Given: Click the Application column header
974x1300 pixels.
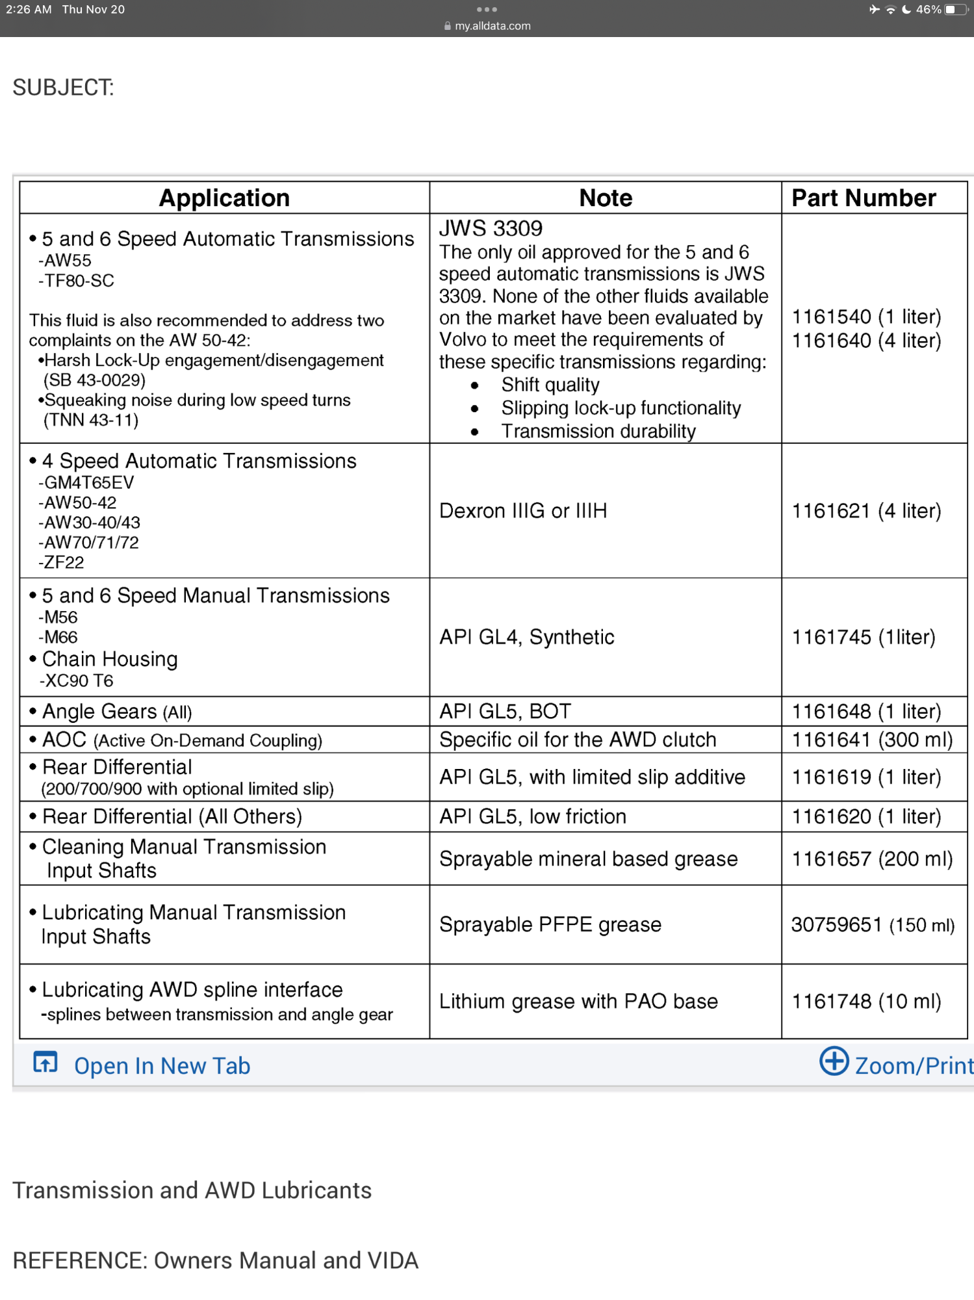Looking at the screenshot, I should [x=224, y=198].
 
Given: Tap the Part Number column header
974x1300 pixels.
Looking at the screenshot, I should [x=863, y=198].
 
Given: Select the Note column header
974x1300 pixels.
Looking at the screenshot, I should [x=605, y=198].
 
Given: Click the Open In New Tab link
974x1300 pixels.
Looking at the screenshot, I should [x=162, y=1066].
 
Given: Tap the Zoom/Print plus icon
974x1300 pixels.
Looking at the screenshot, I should [x=834, y=1061].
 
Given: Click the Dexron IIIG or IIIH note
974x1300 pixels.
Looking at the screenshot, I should [x=523, y=511].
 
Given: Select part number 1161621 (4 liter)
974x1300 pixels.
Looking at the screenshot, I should [x=865, y=511].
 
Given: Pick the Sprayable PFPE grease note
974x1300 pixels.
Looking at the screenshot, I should [x=550, y=925].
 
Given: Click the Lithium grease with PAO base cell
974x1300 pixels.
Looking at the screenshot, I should [x=578, y=1002].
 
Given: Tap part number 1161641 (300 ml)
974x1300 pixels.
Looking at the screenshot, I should [x=872, y=740].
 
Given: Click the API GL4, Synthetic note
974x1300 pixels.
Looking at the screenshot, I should [x=526, y=638].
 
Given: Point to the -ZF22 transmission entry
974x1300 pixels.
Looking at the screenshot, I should [x=62, y=562].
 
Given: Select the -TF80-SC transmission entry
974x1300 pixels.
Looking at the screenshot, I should [x=77, y=281].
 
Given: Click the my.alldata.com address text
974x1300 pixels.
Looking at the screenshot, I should [x=492, y=26].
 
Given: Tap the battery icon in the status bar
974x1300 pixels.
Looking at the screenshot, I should [x=956, y=10].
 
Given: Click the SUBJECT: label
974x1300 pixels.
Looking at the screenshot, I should [x=63, y=88].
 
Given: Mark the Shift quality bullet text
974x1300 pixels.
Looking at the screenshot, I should [x=550, y=385].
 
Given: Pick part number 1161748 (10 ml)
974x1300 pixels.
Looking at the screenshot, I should [x=865, y=1002].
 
